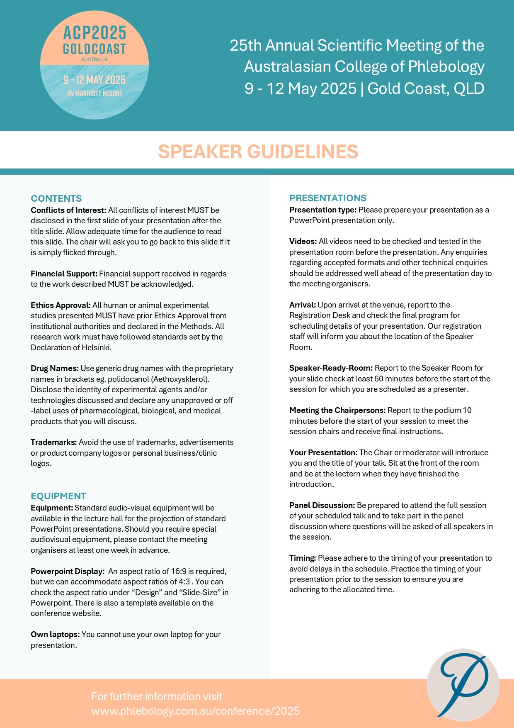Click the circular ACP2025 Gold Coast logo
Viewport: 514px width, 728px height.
click(x=95, y=65)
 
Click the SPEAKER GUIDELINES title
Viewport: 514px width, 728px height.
click(x=258, y=151)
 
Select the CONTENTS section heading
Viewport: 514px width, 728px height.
click(x=56, y=198)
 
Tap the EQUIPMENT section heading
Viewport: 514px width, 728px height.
click(x=58, y=496)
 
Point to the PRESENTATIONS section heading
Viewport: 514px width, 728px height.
click(x=328, y=198)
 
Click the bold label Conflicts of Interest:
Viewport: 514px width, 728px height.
click(x=68, y=210)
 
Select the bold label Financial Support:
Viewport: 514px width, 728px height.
click(x=64, y=274)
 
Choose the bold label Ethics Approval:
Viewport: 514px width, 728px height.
click(x=61, y=305)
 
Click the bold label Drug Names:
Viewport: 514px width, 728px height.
click(x=54, y=368)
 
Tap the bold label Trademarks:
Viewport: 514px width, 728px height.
click(x=53, y=442)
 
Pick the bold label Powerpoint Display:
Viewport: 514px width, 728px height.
click(x=68, y=571)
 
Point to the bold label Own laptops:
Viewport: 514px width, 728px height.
click(x=55, y=634)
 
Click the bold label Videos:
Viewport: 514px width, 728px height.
click(x=303, y=241)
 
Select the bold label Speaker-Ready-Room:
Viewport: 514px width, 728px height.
click(x=331, y=368)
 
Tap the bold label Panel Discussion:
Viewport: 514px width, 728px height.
click(x=322, y=505)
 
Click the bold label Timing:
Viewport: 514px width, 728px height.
click(x=303, y=558)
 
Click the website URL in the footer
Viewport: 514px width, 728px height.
click(x=195, y=711)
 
